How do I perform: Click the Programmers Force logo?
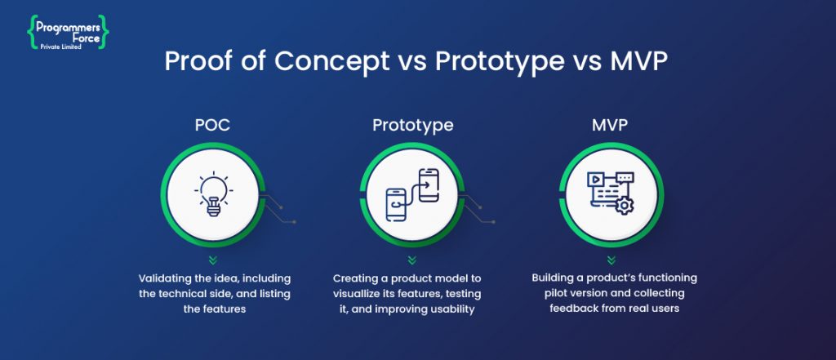click(69, 31)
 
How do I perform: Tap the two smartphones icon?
click(412, 196)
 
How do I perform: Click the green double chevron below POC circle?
click(212, 260)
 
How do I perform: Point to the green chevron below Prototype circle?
click(413, 260)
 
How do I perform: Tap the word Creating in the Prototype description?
click(358, 278)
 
